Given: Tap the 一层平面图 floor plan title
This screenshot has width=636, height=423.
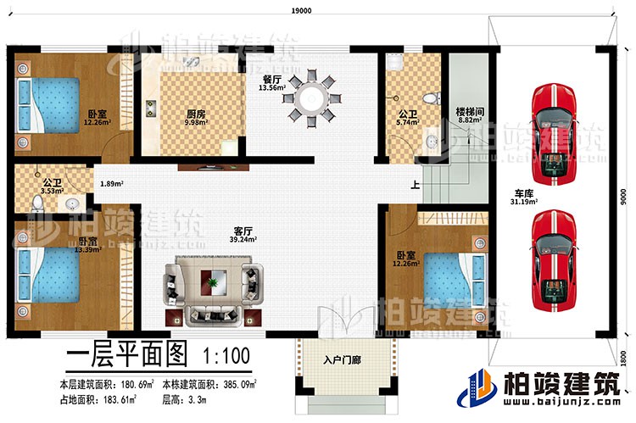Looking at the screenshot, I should [126, 353].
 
